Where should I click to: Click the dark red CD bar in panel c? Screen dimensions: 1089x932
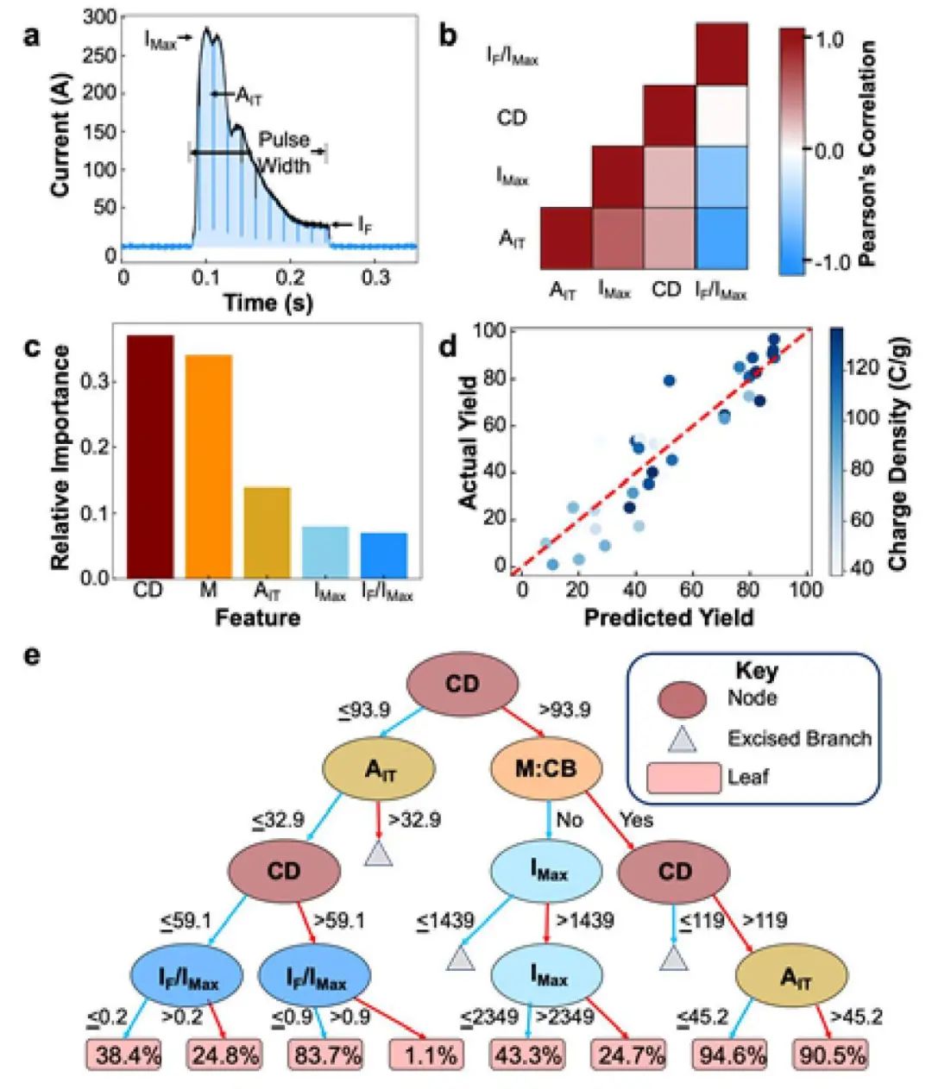[150, 456]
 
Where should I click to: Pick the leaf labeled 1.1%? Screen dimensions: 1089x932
[427, 1054]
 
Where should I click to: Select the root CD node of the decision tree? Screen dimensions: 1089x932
[462, 685]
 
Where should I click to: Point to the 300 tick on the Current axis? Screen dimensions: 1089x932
[103, 17]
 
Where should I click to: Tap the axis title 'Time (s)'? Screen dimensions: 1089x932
[268, 303]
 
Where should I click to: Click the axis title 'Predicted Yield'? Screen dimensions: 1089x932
[668, 617]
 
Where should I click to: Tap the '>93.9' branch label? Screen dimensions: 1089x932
[565, 710]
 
